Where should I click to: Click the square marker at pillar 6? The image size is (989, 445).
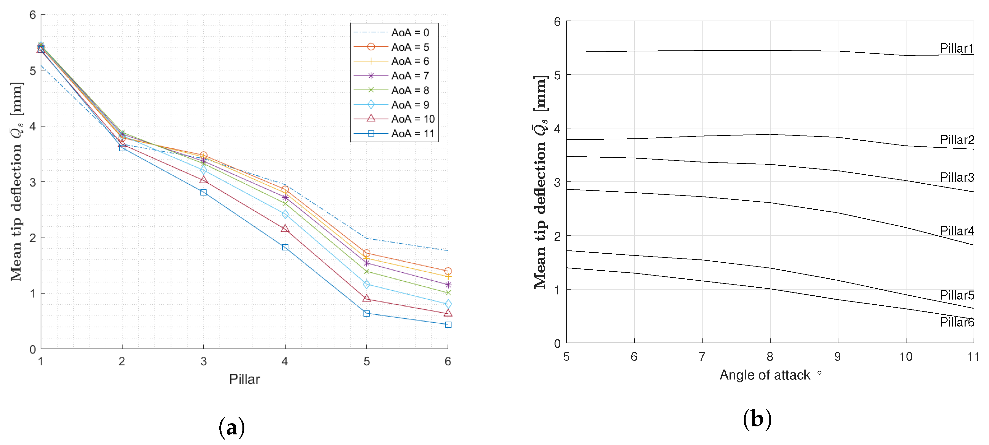pyautogui.click(x=448, y=325)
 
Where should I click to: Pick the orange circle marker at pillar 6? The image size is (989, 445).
pyautogui.click(x=448, y=271)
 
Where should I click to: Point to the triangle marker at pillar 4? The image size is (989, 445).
pyautogui.click(x=285, y=229)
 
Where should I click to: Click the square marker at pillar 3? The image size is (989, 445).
pyautogui.click(x=204, y=192)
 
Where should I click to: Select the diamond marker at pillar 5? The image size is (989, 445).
pyautogui.click(x=366, y=284)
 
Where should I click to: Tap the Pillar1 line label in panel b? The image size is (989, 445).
pyautogui.click(x=956, y=48)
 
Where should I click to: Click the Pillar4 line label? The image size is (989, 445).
pyautogui.click(x=956, y=231)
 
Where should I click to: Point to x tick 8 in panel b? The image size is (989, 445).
pyautogui.click(x=770, y=357)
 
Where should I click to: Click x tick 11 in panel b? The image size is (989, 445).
pyautogui.click(x=973, y=357)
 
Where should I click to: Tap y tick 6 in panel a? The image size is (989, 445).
pyautogui.click(x=33, y=15)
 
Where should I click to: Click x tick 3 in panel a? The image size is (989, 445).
pyautogui.click(x=204, y=361)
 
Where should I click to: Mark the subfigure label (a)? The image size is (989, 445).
pyautogui.click(x=232, y=427)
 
